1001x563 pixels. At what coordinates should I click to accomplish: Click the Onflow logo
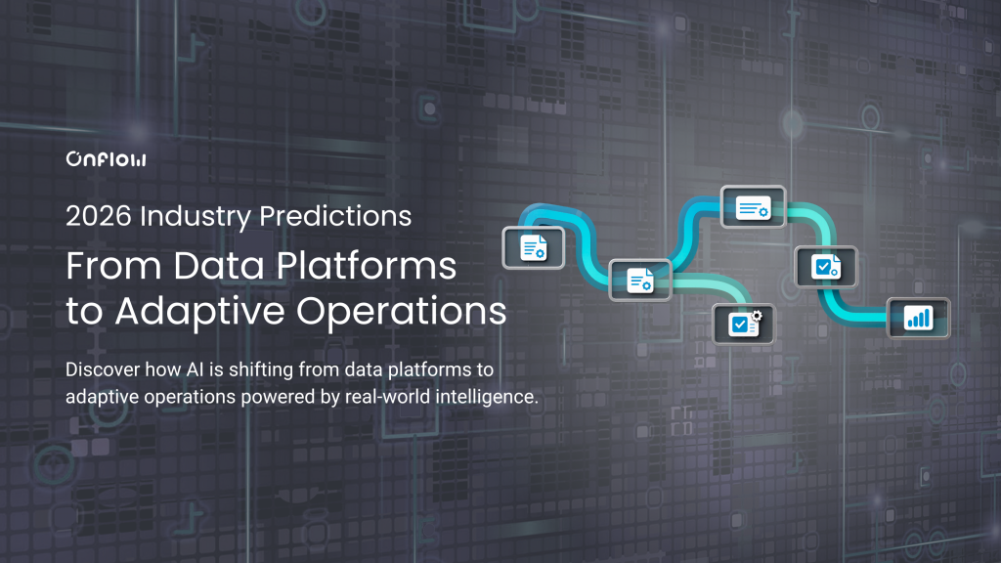pyautogui.click(x=106, y=159)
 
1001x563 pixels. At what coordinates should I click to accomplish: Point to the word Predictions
pyautogui.click(x=340, y=216)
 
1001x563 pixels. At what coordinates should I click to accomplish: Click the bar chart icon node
pyautogui.click(x=918, y=318)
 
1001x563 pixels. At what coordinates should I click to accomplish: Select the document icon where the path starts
pyautogui.click(x=534, y=247)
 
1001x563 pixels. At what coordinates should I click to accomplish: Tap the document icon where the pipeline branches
pyautogui.click(x=640, y=281)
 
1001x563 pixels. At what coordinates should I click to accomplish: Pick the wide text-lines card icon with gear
pyautogui.click(x=753, y=207)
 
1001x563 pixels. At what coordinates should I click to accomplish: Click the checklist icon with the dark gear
pyautogui.click(x=744, y=323)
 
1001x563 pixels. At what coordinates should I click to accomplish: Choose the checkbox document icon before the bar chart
pyautogui.click(x=826, y=266)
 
